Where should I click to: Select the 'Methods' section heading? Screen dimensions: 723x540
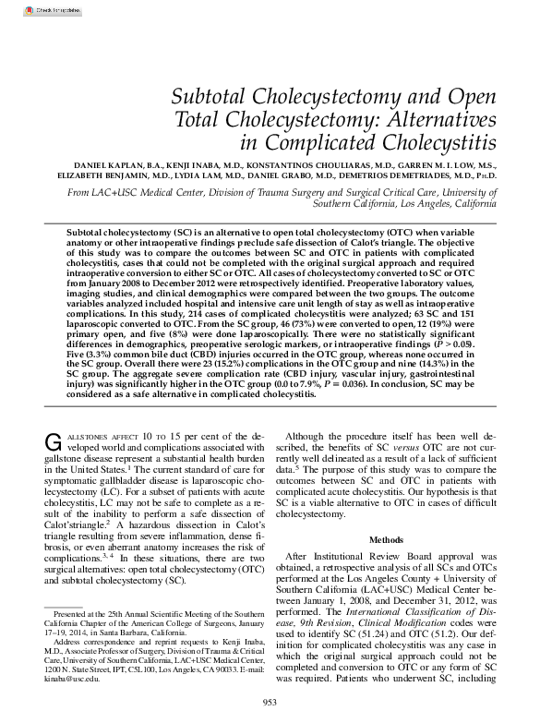click(x=387, y=538)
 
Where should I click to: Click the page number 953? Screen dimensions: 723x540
click(x=270, y=704)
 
